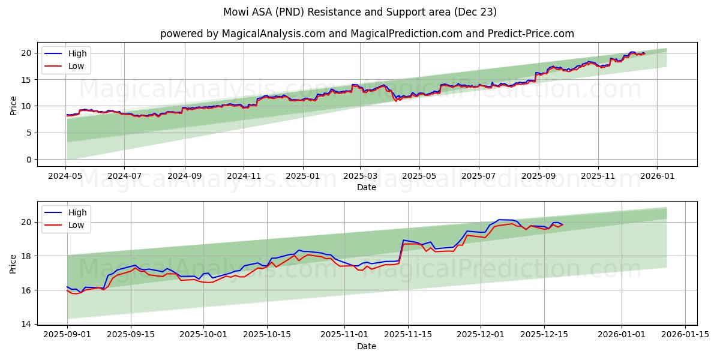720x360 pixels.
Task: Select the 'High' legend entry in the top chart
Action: click(77, 53)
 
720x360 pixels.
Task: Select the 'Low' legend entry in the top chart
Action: click(76, 66)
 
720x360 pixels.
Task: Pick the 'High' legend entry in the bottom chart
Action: click(77, 212)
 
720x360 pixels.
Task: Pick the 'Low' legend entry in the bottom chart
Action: click(76, 225)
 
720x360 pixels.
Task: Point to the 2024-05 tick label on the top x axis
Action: click(66, 176)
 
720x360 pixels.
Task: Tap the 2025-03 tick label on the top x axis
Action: click(360, 176)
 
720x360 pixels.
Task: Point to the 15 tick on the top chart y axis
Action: click(26, 80)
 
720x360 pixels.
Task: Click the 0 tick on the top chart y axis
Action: click(28, 160)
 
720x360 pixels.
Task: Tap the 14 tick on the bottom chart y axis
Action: click(26, 324)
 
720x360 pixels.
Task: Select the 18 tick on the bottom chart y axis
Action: click(26, 256)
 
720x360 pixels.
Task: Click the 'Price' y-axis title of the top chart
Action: click(13, 105)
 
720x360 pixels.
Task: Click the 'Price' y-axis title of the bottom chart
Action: click(13, 263)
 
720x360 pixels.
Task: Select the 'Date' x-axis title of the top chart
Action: click(367, 187)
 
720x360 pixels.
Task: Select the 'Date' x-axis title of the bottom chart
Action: click(367, 346)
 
